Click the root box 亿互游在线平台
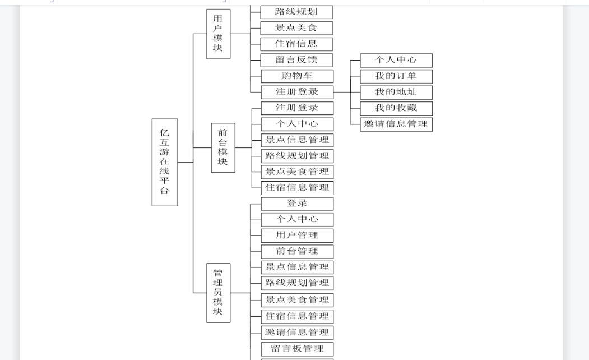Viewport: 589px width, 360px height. [165, 163]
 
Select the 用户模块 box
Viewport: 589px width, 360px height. [218, 34]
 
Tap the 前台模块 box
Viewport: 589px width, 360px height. [223, 147]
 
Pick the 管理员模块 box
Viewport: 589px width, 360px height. [218, 293]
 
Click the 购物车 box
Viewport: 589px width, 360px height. [297, 76]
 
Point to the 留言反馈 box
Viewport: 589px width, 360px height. [296, 60]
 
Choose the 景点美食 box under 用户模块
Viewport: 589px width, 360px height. [296, 28]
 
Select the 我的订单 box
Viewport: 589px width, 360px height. [396, 76]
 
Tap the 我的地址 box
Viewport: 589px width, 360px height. [396, 93]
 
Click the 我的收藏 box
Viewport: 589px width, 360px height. [396, 109]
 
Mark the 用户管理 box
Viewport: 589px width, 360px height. [297, 236]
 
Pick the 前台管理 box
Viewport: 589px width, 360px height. [297, 251]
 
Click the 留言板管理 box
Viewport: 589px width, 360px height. [297, 349]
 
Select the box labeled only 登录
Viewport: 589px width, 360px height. [297, 204]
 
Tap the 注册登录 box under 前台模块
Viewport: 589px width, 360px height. [297, 108]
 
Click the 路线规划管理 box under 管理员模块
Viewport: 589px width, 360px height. [297, 283]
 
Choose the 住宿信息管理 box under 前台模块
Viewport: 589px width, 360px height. [297, 188]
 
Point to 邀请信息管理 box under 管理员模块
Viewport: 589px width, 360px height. [297, 333]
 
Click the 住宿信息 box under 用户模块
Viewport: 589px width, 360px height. [296, 44]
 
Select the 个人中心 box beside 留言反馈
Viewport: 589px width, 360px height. [396, 60]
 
